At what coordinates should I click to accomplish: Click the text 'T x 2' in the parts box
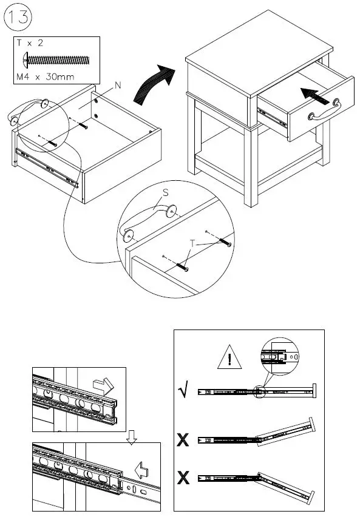click(x=30, y=43)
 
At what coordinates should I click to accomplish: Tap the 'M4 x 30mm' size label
click(x=46, y=77)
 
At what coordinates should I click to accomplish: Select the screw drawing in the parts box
click(x=56, y=60)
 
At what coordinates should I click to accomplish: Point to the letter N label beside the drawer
click(x=118, y=86)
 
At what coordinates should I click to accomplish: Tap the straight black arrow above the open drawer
click(x=316, y=95)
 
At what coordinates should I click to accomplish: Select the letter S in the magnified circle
click(x=166, y=192)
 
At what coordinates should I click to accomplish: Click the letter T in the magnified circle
click(x=192, y=244)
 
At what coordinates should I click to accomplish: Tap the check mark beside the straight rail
click(x=183, y=389)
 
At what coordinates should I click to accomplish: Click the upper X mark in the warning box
click(x=183, y=440)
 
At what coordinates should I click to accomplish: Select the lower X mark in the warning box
click(x=183, y=478)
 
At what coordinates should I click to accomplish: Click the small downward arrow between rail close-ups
click(x=132, y=438)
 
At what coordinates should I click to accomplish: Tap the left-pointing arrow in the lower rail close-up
click(x=142, y=470)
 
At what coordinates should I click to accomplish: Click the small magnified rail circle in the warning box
click(x=279, y=356)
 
